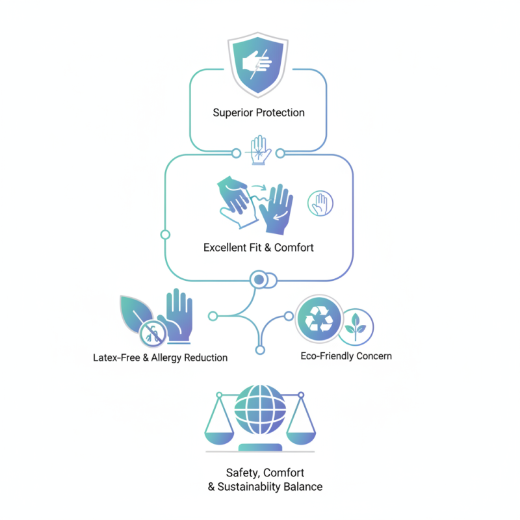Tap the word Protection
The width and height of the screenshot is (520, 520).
(x=280, y=112)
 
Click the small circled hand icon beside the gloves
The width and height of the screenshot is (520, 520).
(x=320, y=203)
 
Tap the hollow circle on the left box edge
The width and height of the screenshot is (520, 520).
(x=165, y=234)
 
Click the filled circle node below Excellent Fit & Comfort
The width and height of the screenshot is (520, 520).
(x=259, y=280)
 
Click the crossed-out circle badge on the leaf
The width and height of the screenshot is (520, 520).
(x=151, y=334)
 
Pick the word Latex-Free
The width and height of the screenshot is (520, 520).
(x=114, y=358)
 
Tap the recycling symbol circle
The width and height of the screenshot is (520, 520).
(x=319, y=318)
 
